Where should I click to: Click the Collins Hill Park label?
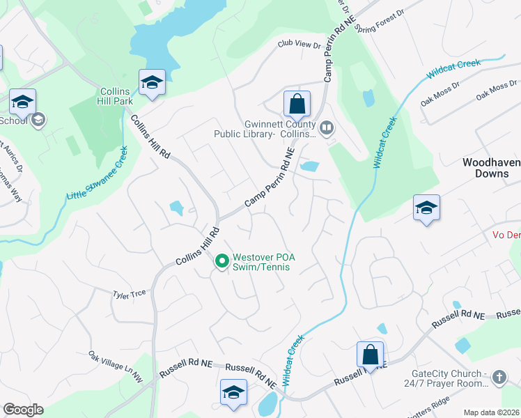coord(116,96)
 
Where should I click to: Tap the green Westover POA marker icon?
coord(222,261)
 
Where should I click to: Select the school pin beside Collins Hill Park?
coord(151,82)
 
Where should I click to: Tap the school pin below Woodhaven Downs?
coord(426,208)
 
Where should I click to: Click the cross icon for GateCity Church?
coord(498,378)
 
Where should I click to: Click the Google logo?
coord(23,409)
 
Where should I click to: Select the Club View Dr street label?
coord(299,45)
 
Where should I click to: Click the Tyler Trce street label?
coord(130,294)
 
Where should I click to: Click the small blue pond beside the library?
coord(309,167)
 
